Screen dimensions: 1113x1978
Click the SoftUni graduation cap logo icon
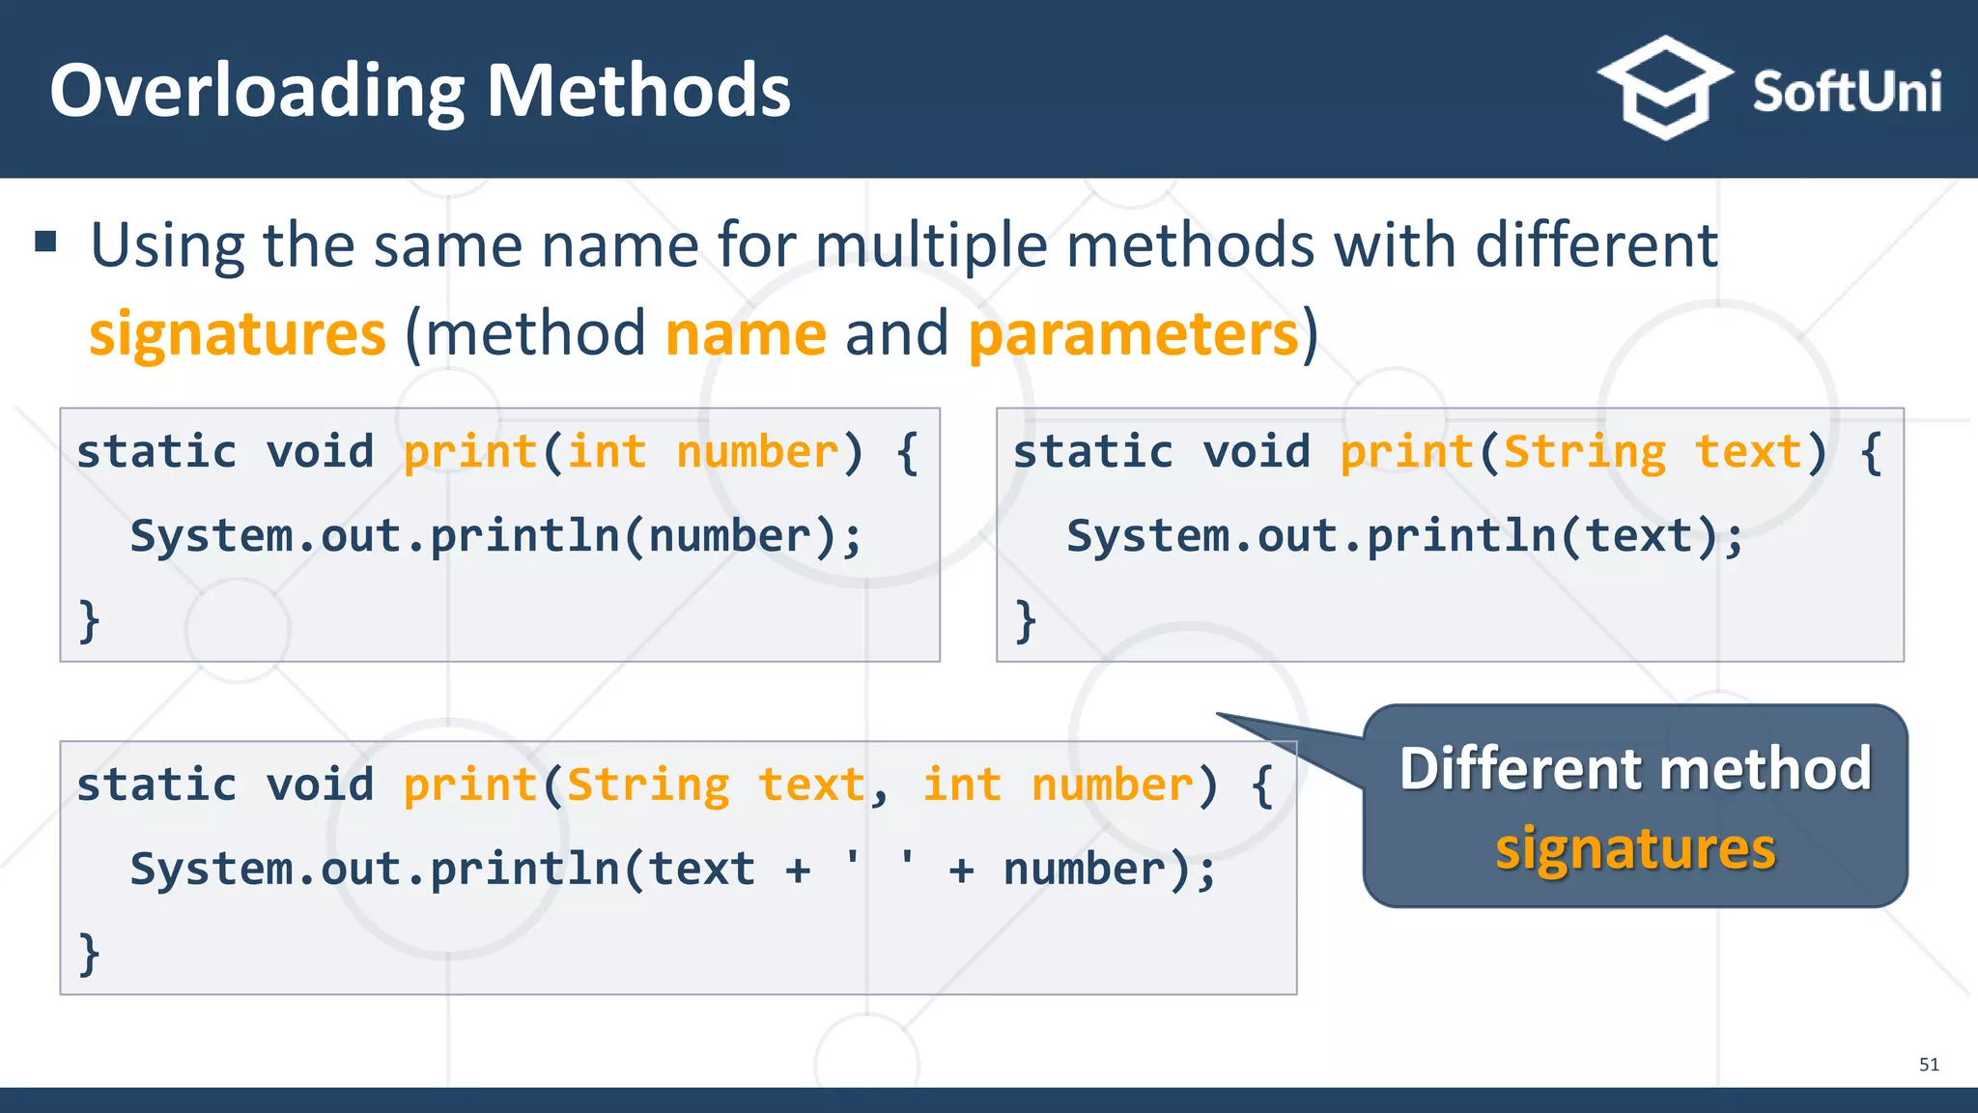click(1663, 89)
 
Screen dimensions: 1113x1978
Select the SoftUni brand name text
click(1846, 93)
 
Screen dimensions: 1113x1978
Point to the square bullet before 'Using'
click(45, 241)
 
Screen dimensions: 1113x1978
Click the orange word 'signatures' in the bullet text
click(238, 334)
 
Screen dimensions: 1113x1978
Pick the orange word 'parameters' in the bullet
click(1133, 334)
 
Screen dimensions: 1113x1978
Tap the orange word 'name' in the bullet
click(746, 334)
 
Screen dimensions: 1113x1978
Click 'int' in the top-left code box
click(607, 452)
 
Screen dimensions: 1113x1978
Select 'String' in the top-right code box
click(1584, 452)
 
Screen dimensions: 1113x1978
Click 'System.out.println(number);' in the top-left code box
click(495, 536)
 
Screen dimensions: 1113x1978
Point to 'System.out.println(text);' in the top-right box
click(1405, 536)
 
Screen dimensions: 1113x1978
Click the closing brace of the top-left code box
click(89, 619)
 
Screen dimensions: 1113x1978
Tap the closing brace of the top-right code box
click(1026, 619)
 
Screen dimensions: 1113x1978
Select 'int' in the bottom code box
click(962, 785)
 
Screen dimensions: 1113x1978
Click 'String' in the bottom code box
click(648, 785)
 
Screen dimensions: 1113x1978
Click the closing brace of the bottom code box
click(89, 954)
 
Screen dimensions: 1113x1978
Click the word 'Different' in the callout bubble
click(1523, 769)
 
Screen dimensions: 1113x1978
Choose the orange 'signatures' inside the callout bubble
click(1635, 849)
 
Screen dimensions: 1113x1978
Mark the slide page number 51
click(1929, 1065)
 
